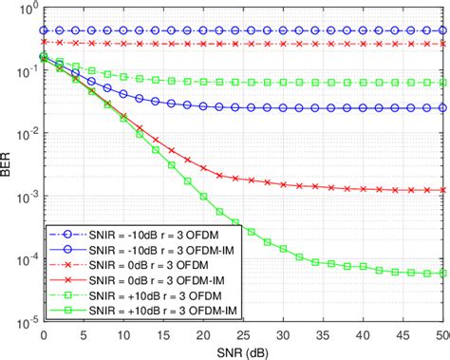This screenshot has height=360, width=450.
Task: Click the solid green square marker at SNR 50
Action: point(443,273)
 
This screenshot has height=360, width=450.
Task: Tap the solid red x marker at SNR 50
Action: point(443,190)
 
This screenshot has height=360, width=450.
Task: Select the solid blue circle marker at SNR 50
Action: point(443,108)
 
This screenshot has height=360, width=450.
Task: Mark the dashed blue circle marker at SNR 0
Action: point(44,30)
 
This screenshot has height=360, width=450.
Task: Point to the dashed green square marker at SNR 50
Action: point(443,83)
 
